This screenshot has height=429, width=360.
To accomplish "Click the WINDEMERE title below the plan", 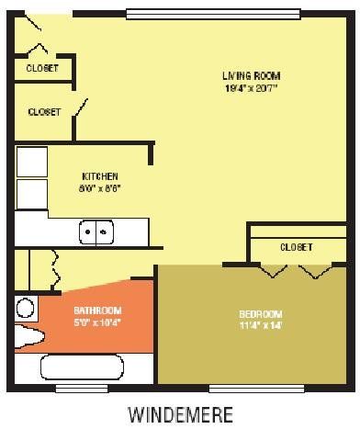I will [181, 414].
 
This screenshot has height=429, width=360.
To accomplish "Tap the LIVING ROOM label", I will [251, 75].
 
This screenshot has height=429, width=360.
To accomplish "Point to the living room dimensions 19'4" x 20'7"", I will [251, 88].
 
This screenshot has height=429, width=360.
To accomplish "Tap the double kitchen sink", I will [96, 232].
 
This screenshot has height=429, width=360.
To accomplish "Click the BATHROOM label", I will [97, 310].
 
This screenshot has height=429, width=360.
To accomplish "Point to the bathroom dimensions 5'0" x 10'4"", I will [97, 322].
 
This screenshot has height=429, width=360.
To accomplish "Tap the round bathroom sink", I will [26, 308].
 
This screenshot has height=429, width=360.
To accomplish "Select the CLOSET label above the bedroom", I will [296, 247].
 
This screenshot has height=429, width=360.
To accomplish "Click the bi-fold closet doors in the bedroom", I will [295, 271].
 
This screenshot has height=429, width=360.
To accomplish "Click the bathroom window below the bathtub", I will [82, 388].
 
